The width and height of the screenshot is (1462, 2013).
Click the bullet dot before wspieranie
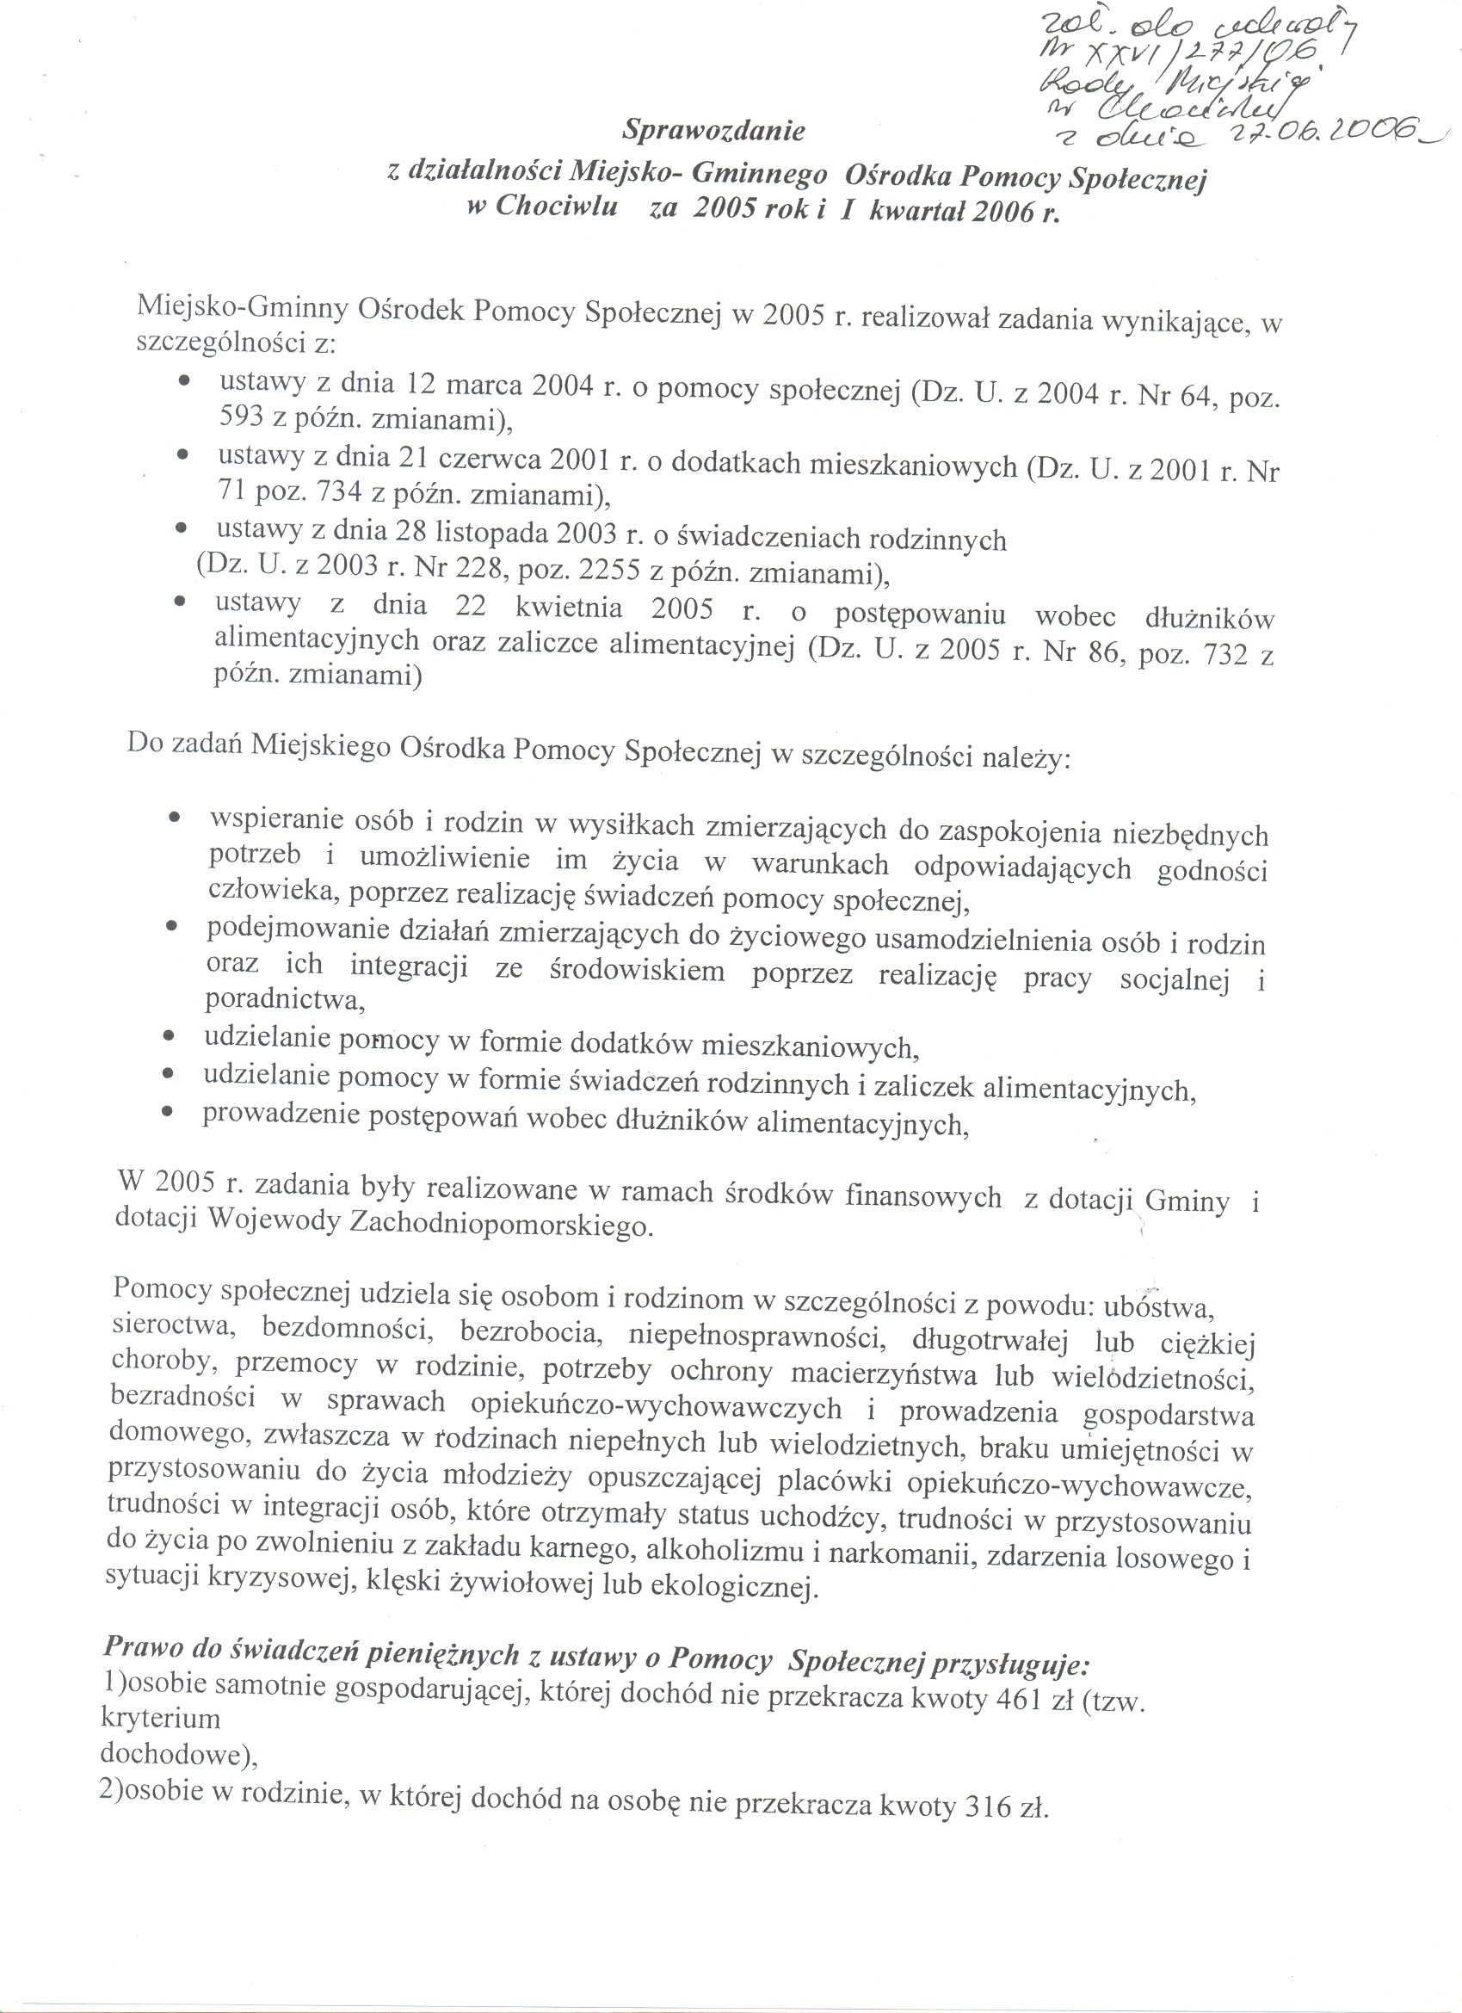coord(175,815)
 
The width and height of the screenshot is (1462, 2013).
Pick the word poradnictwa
coord(285,999)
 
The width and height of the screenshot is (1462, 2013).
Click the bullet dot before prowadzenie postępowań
coord(166,1111)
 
